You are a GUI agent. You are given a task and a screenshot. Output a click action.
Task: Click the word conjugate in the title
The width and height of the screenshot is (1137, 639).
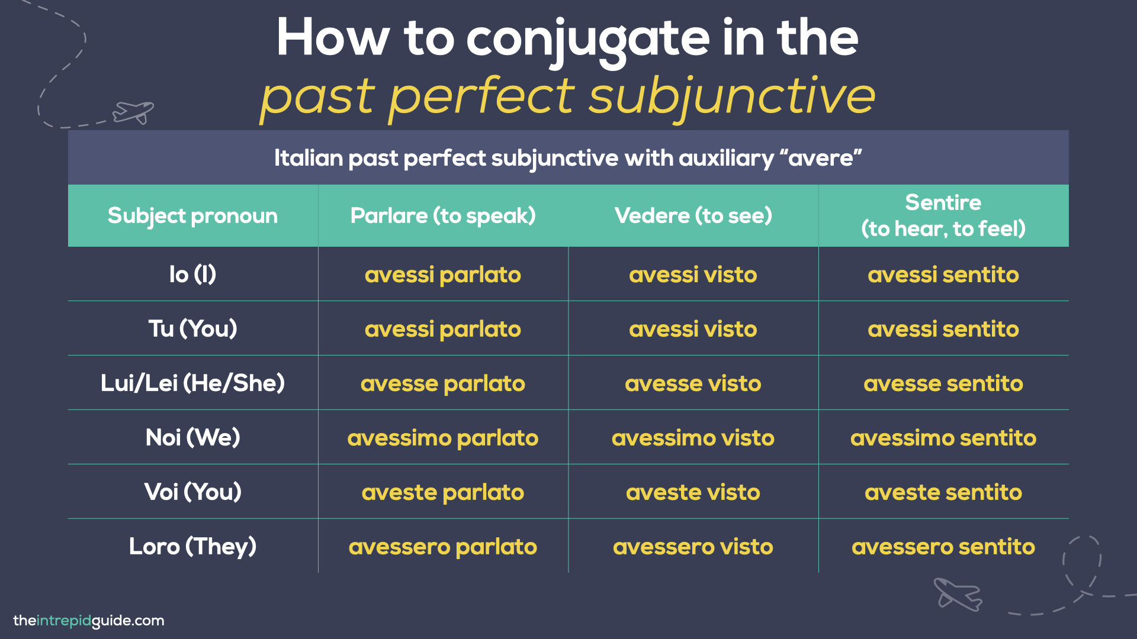(587, 39)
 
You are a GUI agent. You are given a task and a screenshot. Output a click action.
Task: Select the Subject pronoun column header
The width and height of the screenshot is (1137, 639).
(192, 216)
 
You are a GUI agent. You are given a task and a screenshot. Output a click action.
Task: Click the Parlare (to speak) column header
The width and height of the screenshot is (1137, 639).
(443, 216)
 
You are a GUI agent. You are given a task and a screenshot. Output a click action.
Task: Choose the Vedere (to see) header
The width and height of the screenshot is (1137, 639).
(693, 216)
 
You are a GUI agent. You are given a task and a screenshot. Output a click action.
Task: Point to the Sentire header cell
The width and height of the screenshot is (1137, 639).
(943, 216)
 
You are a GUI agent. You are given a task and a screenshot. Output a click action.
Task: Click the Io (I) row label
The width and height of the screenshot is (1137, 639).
(192, 275)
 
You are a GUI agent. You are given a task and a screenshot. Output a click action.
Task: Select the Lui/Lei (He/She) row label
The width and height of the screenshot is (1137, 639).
(192, 383)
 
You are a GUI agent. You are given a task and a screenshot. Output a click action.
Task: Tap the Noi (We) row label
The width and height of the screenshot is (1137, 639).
(192, 438)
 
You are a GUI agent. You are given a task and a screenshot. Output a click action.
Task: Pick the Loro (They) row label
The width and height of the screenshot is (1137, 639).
(192, 547)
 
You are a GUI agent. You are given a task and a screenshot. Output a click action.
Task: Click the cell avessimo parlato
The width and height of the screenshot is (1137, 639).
(443, 438)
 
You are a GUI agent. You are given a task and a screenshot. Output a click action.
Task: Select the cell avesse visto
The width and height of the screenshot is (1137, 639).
(693, 384)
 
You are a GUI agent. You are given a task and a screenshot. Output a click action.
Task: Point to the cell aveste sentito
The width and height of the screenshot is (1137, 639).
(943, 493)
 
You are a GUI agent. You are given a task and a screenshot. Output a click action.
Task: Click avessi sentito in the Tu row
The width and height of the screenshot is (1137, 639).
(943, 330)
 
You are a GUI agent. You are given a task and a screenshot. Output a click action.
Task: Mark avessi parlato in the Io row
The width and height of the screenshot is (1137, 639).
(443, 275)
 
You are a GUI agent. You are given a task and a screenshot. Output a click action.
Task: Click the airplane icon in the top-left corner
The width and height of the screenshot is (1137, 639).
(133, 112)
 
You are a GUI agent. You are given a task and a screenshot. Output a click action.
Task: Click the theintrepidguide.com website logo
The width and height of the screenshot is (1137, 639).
(89, 621)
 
